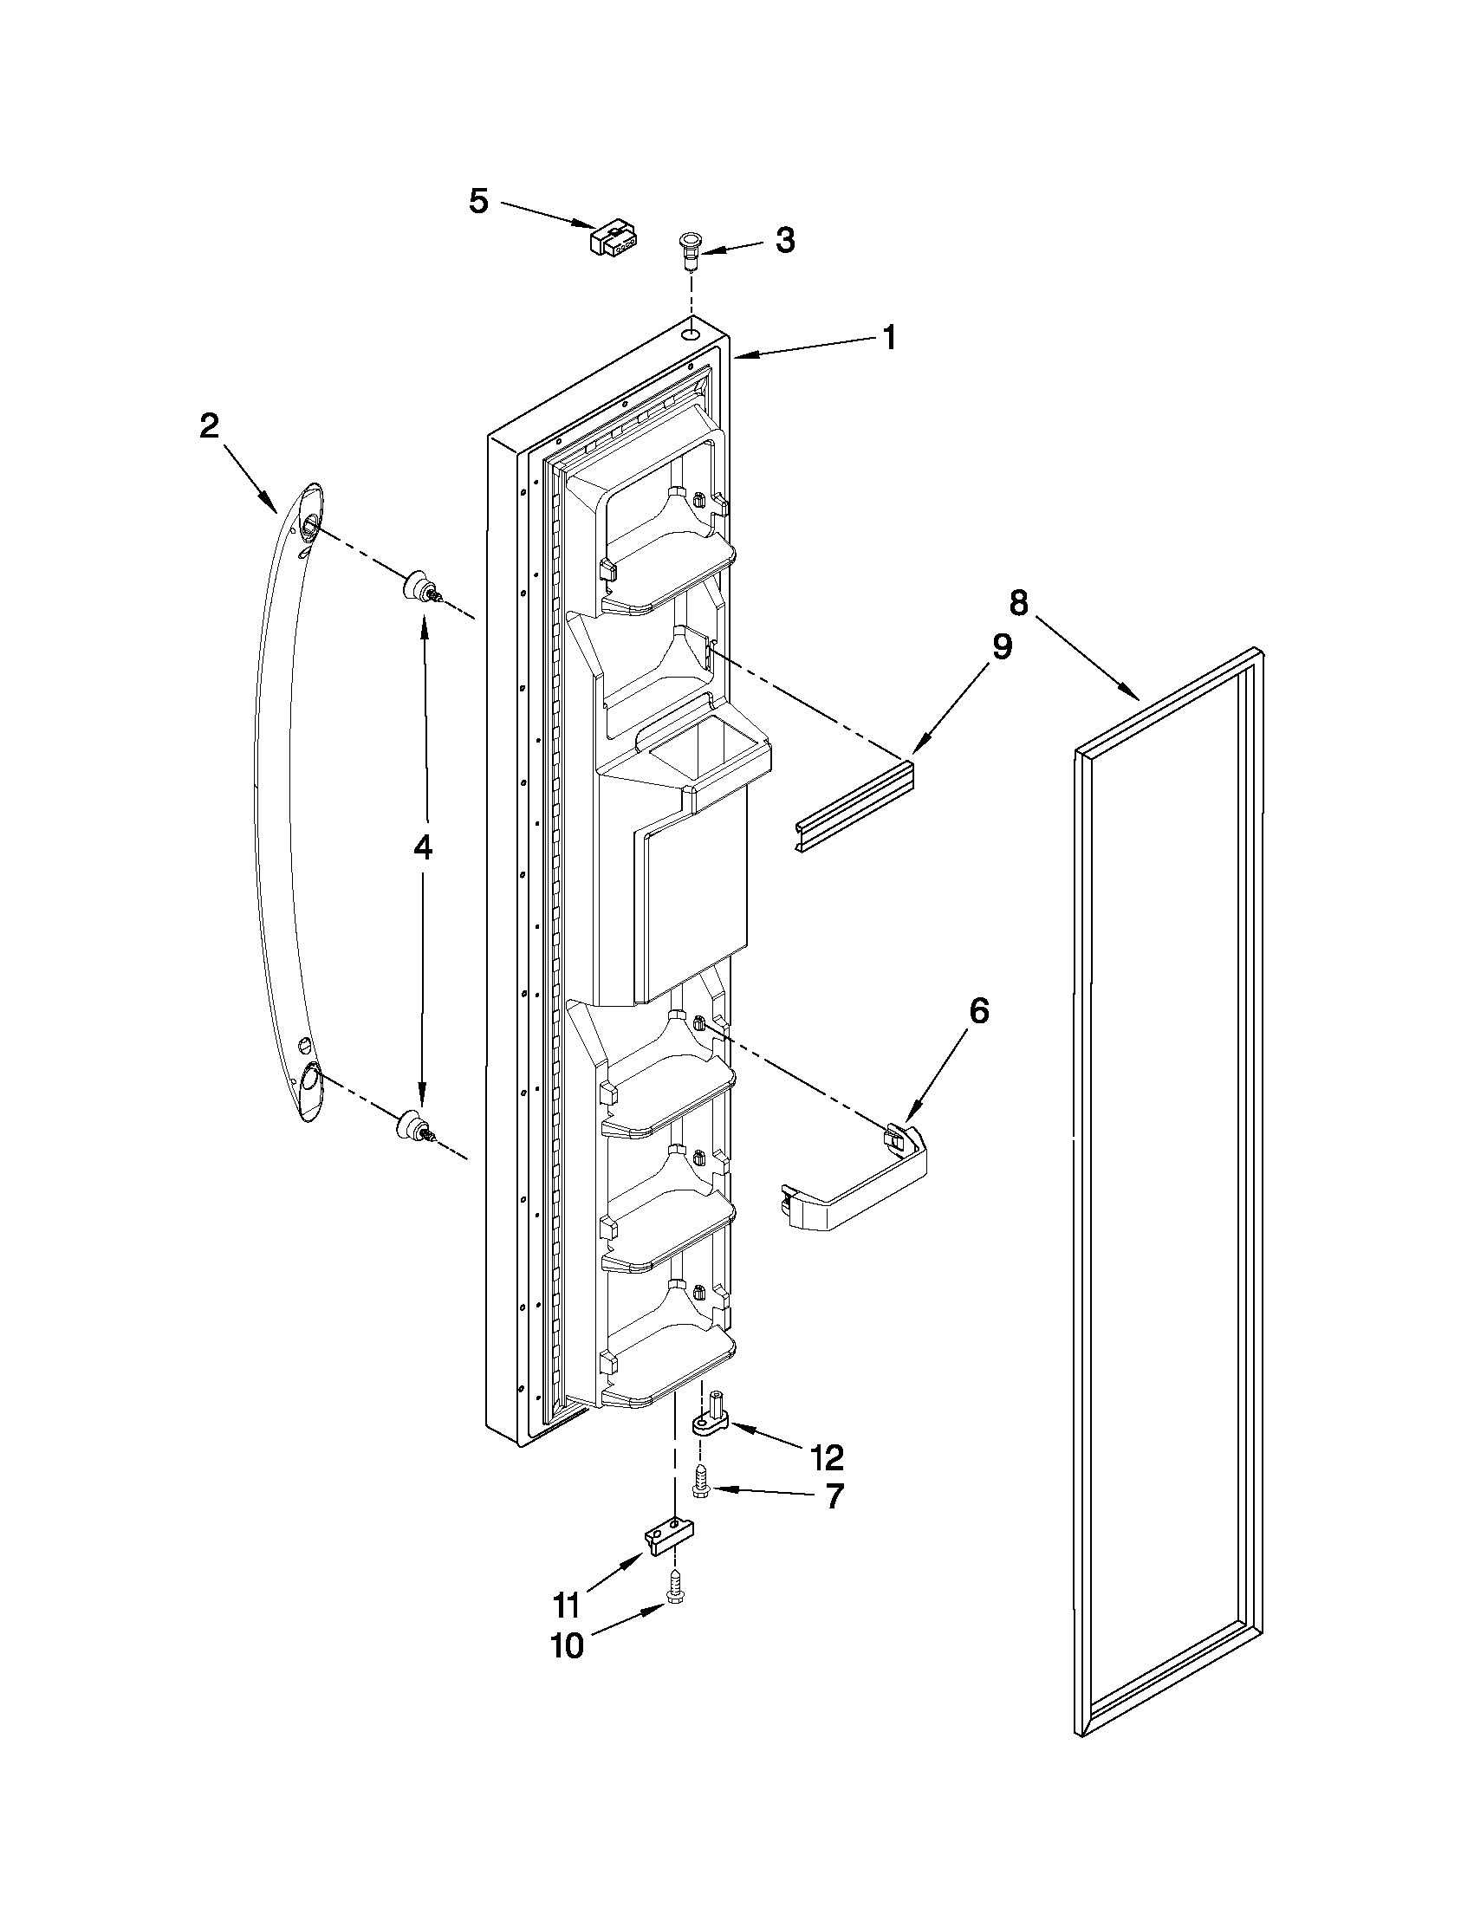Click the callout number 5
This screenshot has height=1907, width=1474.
(478, 201)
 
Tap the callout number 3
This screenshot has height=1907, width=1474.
(785, 240)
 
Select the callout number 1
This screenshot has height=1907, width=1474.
(888, 338)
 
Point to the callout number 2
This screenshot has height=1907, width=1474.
(209, 427)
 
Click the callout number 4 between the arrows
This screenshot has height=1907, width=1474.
(422, 847)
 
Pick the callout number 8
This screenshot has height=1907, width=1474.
(1018, 602)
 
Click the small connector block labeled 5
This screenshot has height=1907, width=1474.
(614, 237)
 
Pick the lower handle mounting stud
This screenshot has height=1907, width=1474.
(412, 1125)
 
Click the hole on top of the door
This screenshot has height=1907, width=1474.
(691, 333)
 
